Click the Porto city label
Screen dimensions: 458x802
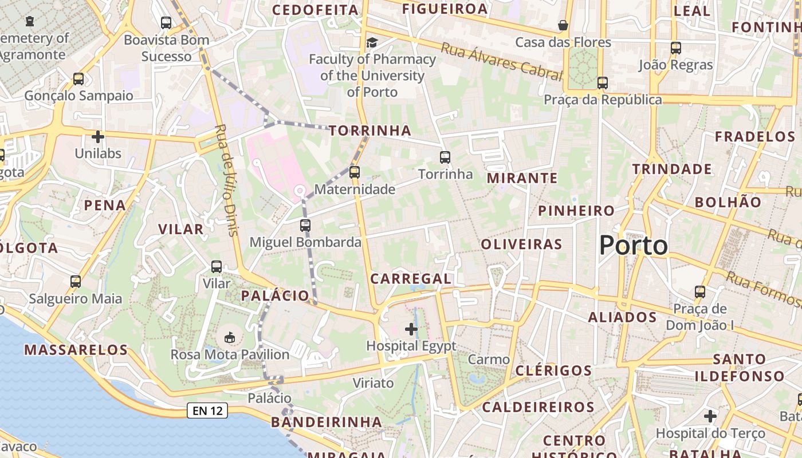[x=634, y=246]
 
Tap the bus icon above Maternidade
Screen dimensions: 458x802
[x=355, y=172]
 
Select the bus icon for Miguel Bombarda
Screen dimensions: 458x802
[x=305, y=225]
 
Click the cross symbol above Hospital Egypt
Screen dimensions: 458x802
[x=411, y=329]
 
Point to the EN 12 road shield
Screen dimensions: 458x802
[x=207, y=410]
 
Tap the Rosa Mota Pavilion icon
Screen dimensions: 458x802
[x=230, y=337]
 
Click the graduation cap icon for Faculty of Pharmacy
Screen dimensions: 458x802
[x=372, y=42]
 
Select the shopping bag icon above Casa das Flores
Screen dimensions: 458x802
[x=563, y=25]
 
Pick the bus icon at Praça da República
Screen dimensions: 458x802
[x=602, y=82]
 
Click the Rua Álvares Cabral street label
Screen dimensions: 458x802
[x=502, y=62]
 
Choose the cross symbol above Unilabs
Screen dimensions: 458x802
[x=98, y=137]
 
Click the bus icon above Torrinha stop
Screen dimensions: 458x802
[x=445, y=157]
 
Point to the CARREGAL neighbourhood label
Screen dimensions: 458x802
[x=411, y=279]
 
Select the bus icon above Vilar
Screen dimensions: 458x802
[x=217, y=266]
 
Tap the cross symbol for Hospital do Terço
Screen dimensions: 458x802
[x=710, y=416]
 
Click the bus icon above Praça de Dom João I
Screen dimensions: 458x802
[x=700, y=291]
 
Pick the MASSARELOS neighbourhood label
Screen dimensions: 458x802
[x=76, y=350]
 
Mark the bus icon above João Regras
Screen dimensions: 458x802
[x=676, y=48]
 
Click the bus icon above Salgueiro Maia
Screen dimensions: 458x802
[x=76, y=281]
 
